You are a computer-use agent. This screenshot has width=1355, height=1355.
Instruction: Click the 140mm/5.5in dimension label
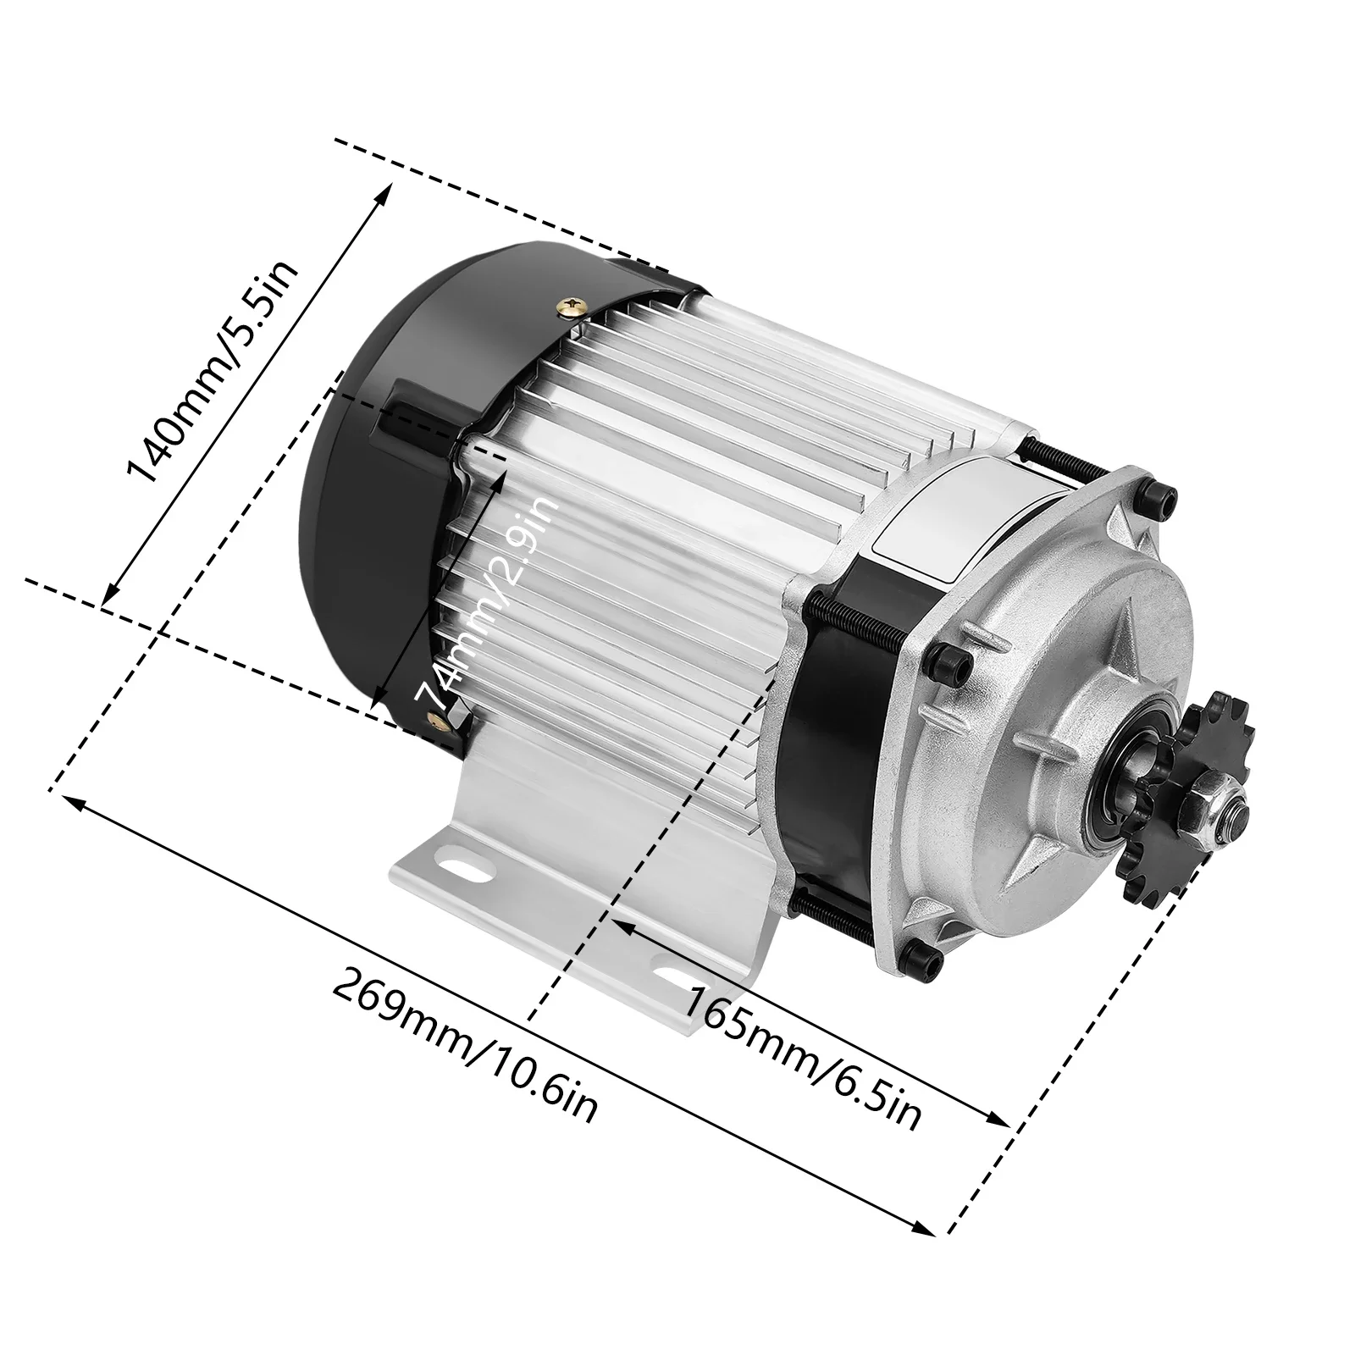212,373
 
